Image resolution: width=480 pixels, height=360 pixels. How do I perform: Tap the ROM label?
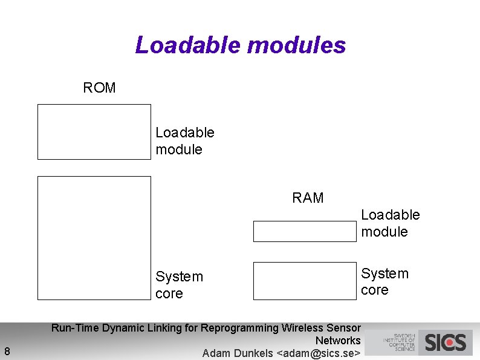99,88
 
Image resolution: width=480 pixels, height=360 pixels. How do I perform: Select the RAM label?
308,198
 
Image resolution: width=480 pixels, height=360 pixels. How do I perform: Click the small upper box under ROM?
94,131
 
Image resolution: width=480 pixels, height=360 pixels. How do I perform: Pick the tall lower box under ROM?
94,238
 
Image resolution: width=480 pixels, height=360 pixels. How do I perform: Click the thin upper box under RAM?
305,231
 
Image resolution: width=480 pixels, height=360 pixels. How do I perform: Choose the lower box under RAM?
305,281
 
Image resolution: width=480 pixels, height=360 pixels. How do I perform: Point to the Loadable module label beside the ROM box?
184,141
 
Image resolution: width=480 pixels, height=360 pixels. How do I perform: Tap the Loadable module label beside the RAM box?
390,223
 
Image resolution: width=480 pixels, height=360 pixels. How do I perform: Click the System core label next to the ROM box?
179,285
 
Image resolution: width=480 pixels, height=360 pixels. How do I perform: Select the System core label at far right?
384,281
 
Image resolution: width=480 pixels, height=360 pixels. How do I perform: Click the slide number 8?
7,352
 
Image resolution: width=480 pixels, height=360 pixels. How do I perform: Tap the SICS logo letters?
446,343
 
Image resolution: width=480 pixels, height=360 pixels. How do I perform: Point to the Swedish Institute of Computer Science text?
398,342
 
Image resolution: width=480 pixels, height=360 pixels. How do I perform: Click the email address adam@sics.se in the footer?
318,353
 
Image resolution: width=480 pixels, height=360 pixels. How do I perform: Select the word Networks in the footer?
338,341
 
